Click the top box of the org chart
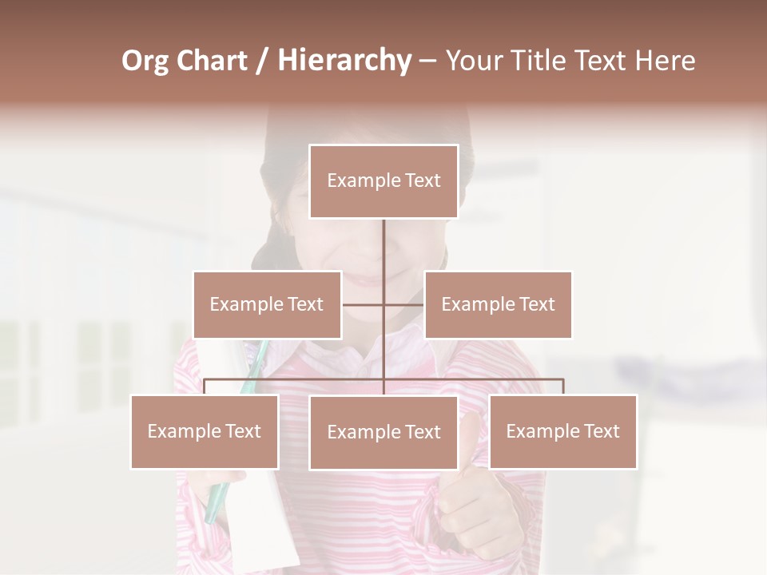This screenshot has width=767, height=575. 383,181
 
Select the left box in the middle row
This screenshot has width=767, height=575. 267,304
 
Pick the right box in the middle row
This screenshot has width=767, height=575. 498,304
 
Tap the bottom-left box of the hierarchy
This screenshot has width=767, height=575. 205,431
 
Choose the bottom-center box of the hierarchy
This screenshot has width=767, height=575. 383,432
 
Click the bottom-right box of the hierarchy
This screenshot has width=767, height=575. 562,431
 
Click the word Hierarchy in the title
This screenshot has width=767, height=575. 344,61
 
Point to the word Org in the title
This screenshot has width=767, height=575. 145,61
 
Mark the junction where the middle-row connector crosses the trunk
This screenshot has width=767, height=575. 383,304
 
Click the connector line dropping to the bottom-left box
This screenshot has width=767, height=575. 205,387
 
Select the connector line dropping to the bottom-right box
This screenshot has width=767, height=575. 563,387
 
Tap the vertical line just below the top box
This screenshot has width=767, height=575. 383,240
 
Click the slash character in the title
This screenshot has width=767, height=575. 261,61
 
